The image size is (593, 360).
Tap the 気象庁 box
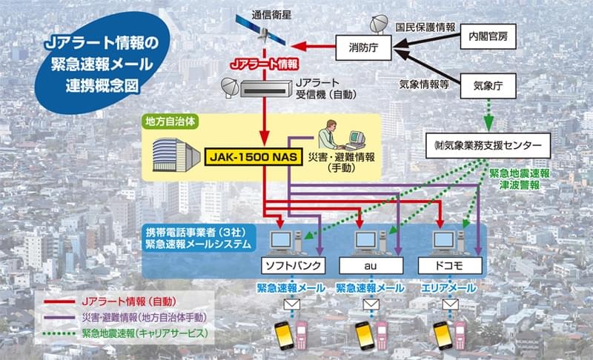[x=487, y=86]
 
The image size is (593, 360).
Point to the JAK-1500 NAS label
[x=254, y=158]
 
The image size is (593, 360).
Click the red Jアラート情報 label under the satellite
[x=264, y=64]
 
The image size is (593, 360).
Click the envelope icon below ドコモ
[x=449, y=304]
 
